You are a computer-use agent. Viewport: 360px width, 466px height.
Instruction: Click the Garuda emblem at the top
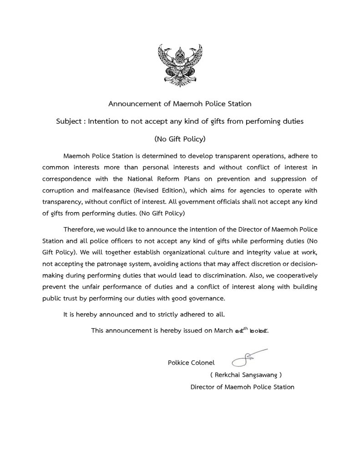pyautogui.click(x=180, y=65)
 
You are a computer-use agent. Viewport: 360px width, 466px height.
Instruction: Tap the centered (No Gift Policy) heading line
pyautogui.click(x=180, y=139)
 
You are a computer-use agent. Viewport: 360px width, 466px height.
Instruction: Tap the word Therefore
pyautogui.click(x=78, y=228)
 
